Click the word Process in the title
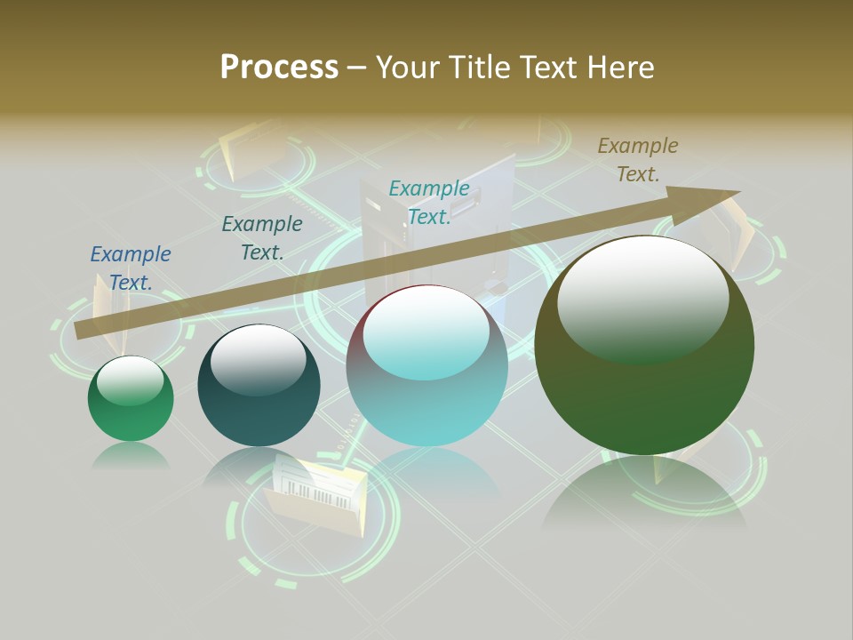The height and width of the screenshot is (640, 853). coord(279,68)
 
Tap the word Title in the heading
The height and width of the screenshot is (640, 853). coord(475,68)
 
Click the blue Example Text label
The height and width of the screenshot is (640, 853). coord(131,268)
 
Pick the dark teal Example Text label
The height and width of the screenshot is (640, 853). coord(262,238)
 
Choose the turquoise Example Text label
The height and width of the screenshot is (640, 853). coord(429,202)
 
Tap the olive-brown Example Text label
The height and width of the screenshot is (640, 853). coord(638,160)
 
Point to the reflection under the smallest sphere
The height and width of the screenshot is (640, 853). coord(131,455)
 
